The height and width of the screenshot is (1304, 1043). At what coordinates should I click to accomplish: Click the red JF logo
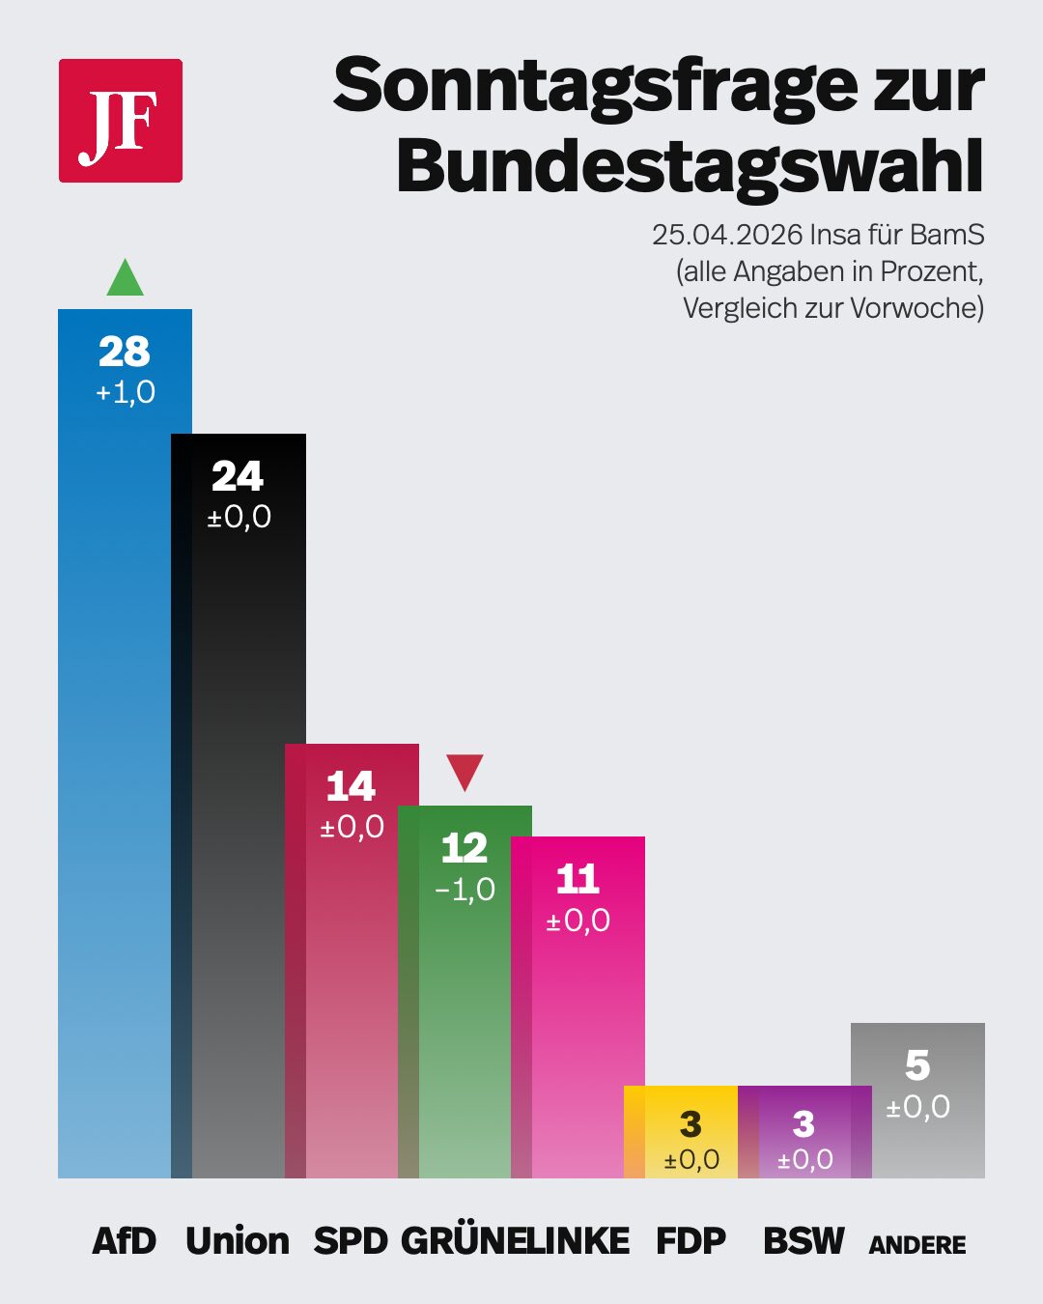[x=121, y=121]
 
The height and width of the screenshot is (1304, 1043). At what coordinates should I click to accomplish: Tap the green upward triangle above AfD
[x=125, y=280]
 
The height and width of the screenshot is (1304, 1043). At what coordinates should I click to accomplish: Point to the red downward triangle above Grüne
[x=465, y=771]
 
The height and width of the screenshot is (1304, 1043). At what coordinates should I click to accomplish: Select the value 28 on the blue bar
[x=125, y=352]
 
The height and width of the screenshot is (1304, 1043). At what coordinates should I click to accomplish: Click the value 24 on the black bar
[x=238, y=476]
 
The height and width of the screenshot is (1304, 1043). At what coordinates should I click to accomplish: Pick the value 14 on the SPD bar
[x=351, y=786]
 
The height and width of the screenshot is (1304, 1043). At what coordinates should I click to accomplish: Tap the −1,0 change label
[x=465, y=890]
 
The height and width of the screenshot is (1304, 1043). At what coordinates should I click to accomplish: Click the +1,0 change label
[x=126, y=392]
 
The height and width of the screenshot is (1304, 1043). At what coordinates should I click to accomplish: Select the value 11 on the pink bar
[x=578, y=879]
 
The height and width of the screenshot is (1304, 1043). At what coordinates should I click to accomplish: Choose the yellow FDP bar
[x=682, y=1131]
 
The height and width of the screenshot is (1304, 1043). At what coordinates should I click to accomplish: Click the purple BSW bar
[x=803, y=1131]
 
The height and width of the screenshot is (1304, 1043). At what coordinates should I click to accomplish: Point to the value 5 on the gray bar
[x=917, y=1065]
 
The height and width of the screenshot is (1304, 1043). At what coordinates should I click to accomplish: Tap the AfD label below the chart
[x=125, y=1241]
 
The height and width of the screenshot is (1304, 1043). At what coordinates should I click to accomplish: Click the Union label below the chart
[x=238, y=1241]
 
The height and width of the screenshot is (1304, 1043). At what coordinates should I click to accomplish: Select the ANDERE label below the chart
[x=917, y=1245]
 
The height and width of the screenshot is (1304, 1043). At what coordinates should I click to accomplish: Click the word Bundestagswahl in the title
[x=690, y=166]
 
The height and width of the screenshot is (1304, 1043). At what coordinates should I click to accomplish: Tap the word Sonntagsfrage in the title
[x=595, y=86]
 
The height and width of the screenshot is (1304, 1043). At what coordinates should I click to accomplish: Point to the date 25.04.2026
[x=727, y=235]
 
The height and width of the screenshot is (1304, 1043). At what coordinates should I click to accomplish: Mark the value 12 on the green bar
[x=465, y=848]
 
